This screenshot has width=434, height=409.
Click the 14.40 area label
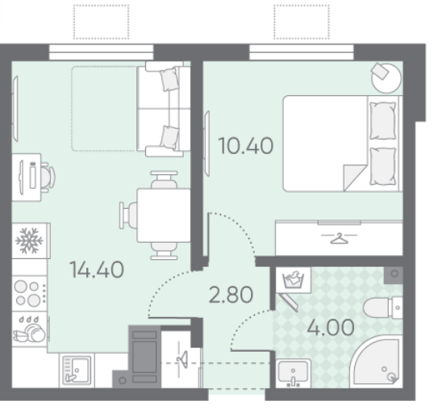[x=97, y=269]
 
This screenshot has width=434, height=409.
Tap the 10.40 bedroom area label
[x=246, y=146]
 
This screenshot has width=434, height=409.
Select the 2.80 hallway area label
[x=231, y=294]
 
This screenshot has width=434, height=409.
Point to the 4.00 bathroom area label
[x=331, y=327]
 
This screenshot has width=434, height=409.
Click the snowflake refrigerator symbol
[x=29, y=240]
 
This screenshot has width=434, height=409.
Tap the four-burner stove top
[x=29, y=294]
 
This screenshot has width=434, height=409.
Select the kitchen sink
[x=77, y=370]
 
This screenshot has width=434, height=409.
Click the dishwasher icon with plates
[x=30, y=329]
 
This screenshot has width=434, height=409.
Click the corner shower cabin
[x=377, y=361]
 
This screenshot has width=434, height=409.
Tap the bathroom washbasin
[x=293, y=373]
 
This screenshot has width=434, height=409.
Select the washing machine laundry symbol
[x=293, y=279]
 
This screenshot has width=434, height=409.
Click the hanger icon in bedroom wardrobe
[x=339, y=238]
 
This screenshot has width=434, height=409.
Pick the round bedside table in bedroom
[x=386, y=77]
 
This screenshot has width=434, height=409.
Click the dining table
[x=164, y=215]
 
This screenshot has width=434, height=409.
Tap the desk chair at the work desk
[x=48, y=177]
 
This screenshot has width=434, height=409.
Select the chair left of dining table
[x=128, y=215]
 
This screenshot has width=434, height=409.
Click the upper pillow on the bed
[x=383, y=121]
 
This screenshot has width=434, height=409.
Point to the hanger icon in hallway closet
[x=182, y=359]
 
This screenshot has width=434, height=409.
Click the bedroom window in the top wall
[x=302, y=52]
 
